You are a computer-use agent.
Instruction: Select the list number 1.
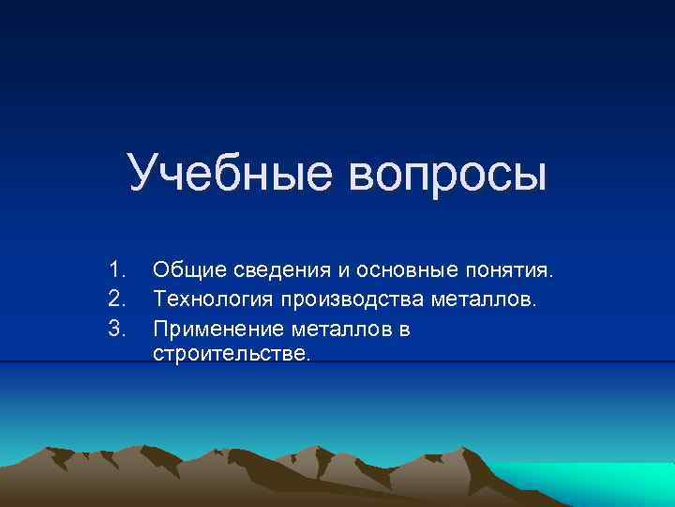116,271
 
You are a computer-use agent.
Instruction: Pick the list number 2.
116,300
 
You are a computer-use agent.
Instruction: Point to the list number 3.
116,329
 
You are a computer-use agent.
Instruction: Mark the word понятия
511,272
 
